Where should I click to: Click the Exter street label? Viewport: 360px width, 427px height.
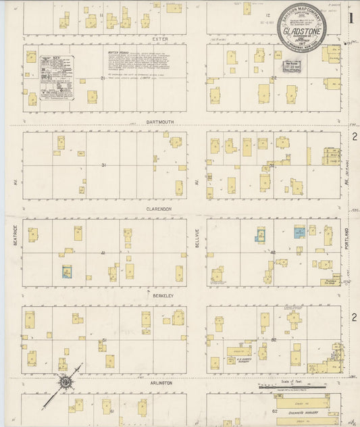pyautogui.click(x=160, y=39)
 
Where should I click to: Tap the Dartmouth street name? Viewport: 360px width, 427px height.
pyautogui.click(x=160, y=122)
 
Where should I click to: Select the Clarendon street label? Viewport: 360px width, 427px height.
pyautogui.click(x=160, y=209)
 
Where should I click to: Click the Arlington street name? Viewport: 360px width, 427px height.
pyautogui.click(x=160, y=382)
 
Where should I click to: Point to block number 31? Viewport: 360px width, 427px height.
pyautogui.click(x=103, y=165)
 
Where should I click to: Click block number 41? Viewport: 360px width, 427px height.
pyautogui.click(x=103, y=253)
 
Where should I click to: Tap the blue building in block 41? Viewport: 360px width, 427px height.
pyautogui.click(x=67, y=272)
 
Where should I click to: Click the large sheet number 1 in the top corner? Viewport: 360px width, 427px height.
pyautogui.click(x=351, y=18)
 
